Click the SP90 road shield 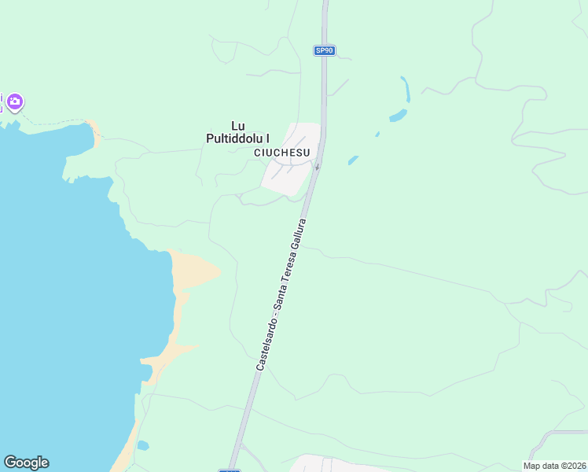tap(324, 50)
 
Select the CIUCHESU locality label tap(282, 152)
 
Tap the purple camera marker tap(15, 101)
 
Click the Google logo tap(26, 463)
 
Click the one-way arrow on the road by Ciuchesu tap(317, 167)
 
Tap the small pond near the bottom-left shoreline tap(142, 445)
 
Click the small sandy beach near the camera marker tap(95, 131)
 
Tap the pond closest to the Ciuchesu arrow tap(353, 160)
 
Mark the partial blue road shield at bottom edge tap(230, 470)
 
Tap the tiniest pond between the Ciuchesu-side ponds tap(377, 135)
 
